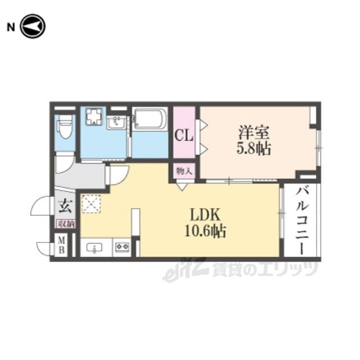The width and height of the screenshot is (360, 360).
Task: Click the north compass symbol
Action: (33, 26)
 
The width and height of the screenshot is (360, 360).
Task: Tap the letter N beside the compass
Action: (11, 28)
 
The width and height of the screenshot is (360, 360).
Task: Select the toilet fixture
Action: (65, 127)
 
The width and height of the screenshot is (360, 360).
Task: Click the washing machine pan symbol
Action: (93, 116)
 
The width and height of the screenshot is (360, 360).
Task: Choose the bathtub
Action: (150, 119)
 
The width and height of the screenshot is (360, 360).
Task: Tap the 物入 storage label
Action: (184, 171)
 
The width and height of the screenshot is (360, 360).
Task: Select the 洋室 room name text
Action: (254, 132)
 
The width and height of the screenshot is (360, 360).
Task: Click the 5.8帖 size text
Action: (254, 148)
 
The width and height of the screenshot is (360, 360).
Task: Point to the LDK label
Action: (205, 215)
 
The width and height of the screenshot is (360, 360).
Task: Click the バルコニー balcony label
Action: (301, 222)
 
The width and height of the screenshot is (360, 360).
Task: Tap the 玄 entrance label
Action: (66, 206)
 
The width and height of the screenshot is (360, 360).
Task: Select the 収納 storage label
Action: (66, 224)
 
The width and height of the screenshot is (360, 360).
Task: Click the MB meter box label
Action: (61, 245)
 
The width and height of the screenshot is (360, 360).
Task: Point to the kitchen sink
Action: (94, 248)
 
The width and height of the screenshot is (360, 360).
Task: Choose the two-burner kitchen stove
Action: (122, 247)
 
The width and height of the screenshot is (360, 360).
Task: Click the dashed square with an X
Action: (91, 204)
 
